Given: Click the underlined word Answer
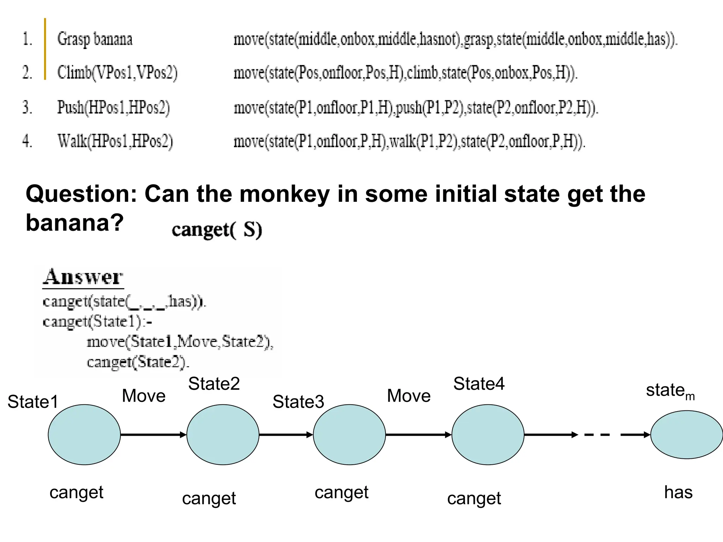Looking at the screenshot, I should pos(83,277).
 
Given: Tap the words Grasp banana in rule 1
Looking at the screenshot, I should pos(95,39).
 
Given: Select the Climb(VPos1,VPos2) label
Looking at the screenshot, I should pos(117,73).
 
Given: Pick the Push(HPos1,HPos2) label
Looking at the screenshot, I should pos(113,107).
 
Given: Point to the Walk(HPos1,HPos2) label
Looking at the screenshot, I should pos(115,141).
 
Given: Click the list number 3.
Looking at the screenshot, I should pos(27,107).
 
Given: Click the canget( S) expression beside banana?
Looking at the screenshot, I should pos(217,230).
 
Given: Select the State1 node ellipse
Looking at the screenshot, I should pos(84,434).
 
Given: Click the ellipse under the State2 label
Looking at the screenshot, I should pos(223,434).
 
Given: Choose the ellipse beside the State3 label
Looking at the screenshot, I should pos(349,434).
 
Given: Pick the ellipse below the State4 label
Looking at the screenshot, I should pos(488,434).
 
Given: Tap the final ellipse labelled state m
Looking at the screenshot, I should pos(686,434).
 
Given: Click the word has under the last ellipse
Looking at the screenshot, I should pos(678,492).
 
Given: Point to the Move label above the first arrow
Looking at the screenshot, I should pos(144,396).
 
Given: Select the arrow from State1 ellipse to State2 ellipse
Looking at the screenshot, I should pos(153,434).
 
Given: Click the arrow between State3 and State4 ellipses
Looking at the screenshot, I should pos(419,434).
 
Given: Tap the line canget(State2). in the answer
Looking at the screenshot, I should pos(138,362).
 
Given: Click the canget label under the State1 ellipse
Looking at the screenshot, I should pos(76,493).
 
